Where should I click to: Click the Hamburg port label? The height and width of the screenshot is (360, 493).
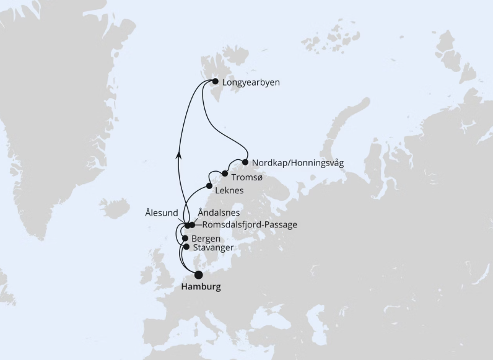pyautogui.click(x=201, y=288)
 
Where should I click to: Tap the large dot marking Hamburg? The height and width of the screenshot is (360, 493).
pyautogui.click(x=199, y=274)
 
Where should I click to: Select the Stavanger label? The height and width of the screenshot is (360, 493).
pyautogui.click(x=214, y=248)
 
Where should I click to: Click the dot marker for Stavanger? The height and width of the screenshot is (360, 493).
pyautogui.click(x=186, y=247)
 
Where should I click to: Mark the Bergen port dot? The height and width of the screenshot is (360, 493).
pyautogui.click(x=185, y=238)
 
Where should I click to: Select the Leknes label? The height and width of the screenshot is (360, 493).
pyautogui.click(x=229, y=190)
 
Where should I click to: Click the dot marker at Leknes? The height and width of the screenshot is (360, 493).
pyautogui.click(x=210, y=186)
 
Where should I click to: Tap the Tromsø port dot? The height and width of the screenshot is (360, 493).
pyautogui.click(x=225, y=173)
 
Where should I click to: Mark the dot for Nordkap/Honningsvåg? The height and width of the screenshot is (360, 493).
pyautogui.click(x=245, y=162)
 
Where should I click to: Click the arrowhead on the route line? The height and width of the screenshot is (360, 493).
pyautogui.click(x=179, y=156)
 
